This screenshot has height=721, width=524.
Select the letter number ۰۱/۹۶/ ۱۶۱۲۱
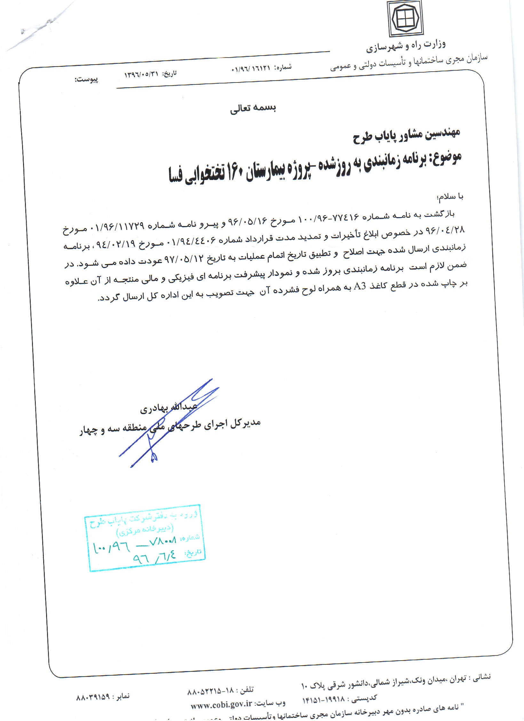click(250, 69)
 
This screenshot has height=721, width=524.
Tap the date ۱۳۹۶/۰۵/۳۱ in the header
click(141, 74)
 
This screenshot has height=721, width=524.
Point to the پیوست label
click(86, 79)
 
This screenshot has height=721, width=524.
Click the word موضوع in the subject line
click(446, 158)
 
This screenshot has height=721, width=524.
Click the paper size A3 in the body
click(360, 286)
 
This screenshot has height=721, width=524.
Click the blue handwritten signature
click(170, 422)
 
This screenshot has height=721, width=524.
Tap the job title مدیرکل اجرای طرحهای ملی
click(205, 425)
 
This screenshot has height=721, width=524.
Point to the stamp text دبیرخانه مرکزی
click(146, 530)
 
